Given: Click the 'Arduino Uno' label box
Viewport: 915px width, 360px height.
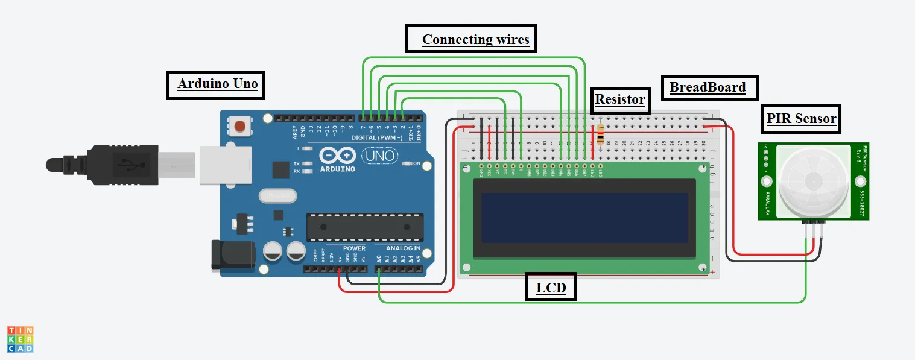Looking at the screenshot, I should point(217,84).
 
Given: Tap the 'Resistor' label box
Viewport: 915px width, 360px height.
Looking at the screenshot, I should point(620,99).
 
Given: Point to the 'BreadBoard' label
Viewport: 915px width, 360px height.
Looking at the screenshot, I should point(708,87).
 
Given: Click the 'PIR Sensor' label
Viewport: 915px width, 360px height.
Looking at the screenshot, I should point(801,118).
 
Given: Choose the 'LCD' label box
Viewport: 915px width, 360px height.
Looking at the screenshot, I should point(551,288).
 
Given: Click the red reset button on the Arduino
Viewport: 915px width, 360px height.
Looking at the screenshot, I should point(240,126).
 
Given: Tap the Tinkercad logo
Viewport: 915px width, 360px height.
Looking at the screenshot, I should point(20,339).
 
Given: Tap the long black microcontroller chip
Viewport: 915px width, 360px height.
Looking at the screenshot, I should point(364,227).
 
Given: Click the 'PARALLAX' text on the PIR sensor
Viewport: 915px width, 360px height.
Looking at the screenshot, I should point(767,203).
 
